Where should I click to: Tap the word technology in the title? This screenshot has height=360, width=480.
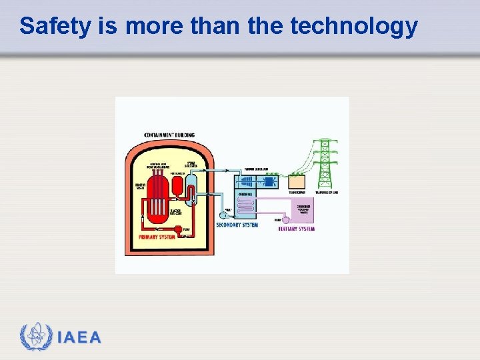[354, 27]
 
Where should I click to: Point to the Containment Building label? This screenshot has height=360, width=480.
[169, 135]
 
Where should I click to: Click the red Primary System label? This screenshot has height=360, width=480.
[157, 237]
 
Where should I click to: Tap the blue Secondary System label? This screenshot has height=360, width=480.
[237, 225]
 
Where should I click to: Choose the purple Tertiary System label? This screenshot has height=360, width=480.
[296, 229]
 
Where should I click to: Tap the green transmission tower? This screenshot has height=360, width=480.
[325, 163]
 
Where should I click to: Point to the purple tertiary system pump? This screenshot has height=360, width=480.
[285, 219]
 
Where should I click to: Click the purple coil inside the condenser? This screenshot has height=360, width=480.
[246, 206]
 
